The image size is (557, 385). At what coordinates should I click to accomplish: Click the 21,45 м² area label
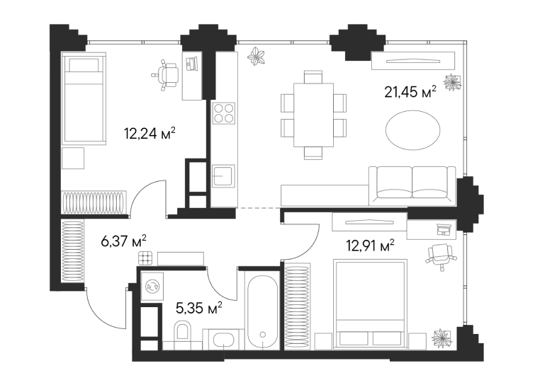point(410,92)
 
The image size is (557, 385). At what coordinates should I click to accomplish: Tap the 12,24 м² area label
point(150,134)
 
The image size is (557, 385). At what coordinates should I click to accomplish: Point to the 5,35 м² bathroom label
point(199,308)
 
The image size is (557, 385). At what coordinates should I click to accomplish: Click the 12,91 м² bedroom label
point(371,246)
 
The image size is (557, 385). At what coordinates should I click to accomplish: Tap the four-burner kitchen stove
point(224,113)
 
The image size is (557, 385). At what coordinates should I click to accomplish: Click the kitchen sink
point(223,176)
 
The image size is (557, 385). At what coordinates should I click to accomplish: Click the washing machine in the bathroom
point(152,286)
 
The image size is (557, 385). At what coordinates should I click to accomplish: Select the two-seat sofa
point(412,186)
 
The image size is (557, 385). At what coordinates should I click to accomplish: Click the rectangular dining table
point(314,115)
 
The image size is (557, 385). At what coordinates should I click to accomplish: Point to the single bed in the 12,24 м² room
point(84,98)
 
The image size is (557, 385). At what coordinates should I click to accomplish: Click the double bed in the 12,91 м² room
point(369,304)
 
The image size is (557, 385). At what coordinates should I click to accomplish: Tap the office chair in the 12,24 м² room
point(167,74)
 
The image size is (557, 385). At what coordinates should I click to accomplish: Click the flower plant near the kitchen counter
point(257,56)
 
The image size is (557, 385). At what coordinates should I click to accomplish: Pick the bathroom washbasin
point(223,340)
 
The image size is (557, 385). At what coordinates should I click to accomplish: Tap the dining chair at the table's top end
point(313,77)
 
